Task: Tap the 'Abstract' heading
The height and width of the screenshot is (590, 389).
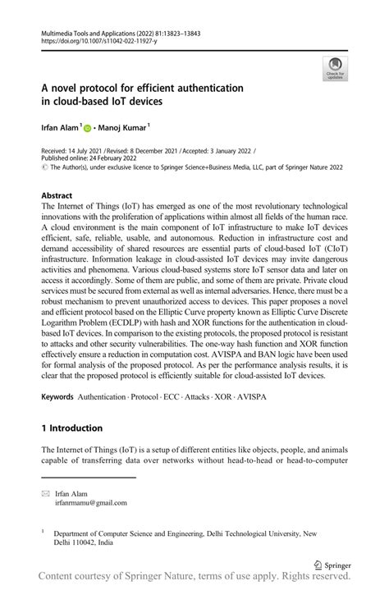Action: tap(57, 196)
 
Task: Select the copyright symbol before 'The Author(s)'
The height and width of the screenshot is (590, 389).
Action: tap(44, 171)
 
